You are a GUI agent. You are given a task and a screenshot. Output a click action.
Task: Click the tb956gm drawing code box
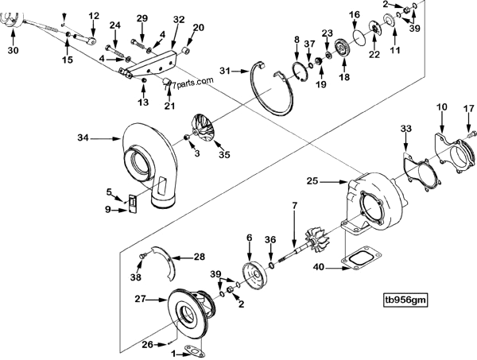point(405,300)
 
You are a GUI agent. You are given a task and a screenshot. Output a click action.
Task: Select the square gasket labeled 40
point(357,261)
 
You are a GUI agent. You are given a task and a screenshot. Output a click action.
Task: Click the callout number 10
point(443,106)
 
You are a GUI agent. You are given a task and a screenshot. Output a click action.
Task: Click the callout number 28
point(197,257)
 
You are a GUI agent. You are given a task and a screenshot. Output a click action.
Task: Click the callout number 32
point(178,19)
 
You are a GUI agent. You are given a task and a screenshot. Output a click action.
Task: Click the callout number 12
point(93,15)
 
